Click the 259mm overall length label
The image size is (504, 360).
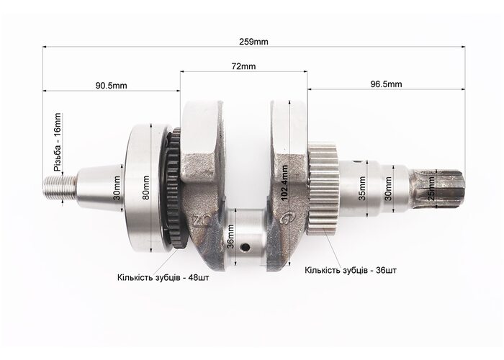pos(253,42)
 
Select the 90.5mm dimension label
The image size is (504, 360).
pos(111,86)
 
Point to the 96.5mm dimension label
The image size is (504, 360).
pos(386,84)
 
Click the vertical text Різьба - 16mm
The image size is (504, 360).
pos(57,142)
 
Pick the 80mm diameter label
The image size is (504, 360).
pos(146,188)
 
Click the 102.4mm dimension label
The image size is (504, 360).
pos(284,183)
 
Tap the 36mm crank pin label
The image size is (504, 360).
pos(230,237)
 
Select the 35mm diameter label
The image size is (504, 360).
pos(362,189)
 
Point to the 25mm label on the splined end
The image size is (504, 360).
pos(432,189)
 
